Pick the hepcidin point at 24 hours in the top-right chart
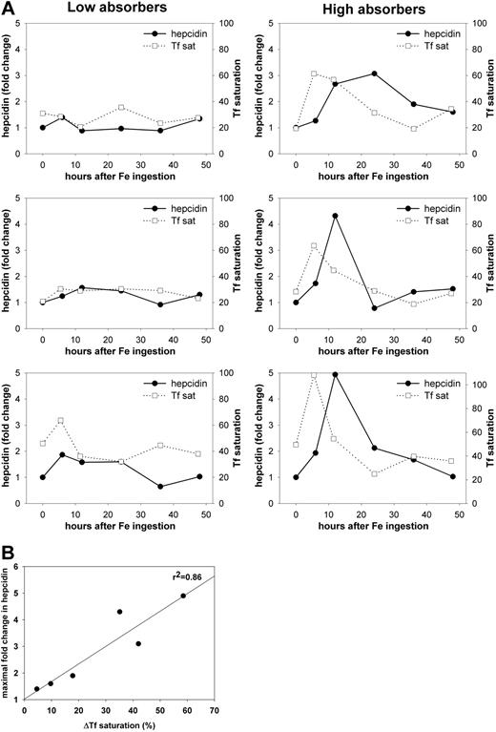(374, 73)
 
